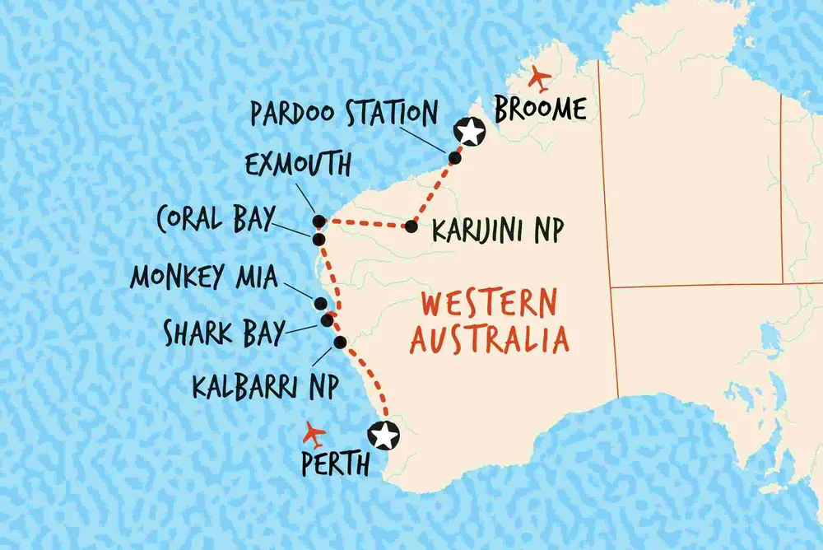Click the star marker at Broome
[470, 131]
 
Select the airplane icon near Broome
[540, 79]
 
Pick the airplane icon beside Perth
[314, 433]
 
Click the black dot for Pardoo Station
[453, 157]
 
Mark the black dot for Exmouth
[319, 221]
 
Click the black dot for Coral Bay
[319, 239]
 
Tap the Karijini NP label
[498, 232]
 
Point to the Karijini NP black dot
[410, 226]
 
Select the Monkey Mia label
[204, 277]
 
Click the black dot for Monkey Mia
[319, 302]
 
